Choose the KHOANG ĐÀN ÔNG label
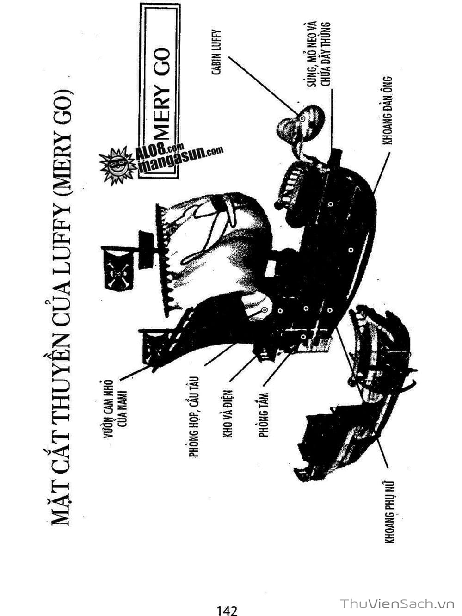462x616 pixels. click(x=389, y=111)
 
